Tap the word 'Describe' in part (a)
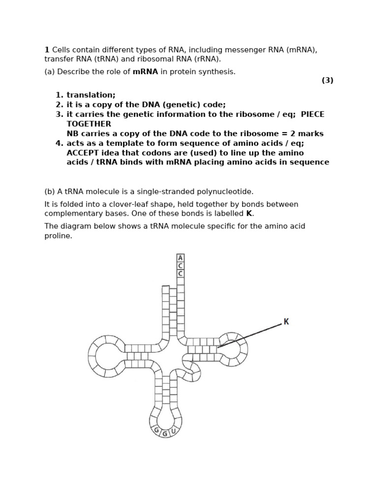click(x=73, y=72)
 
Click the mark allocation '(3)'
click(x=327, y=81)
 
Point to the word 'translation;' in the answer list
click(x=91, y=95)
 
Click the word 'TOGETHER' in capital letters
click(x=89, y=124)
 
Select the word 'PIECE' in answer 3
click(x=313, y=114)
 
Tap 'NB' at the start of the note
click(x=72, y=134)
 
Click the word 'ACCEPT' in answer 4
click(x=82, y=153)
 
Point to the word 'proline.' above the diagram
click(x=58, y=236)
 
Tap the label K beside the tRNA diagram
click(x=286, y=322)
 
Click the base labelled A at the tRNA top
click(x=181, y=258)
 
